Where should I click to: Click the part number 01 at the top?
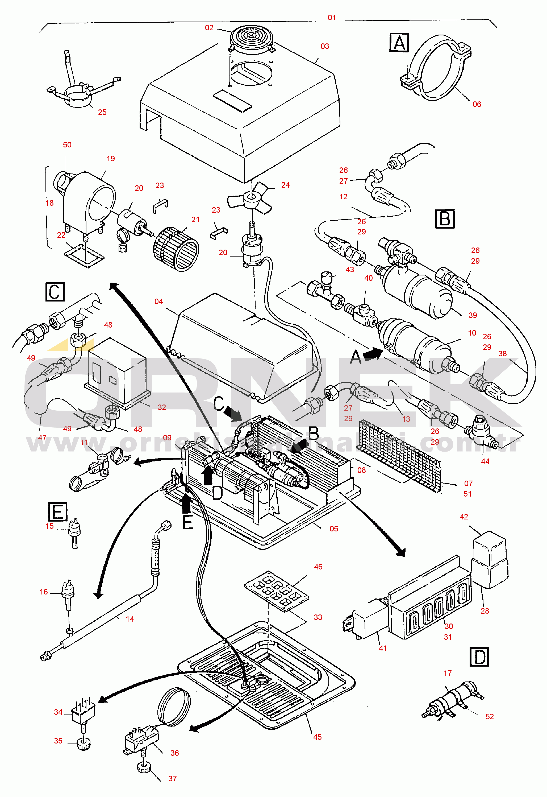(332, 18)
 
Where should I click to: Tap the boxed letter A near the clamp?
(399, 43)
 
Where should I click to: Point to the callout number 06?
(477, 104)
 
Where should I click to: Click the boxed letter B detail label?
(445, 219)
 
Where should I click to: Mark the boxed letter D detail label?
(479, 657)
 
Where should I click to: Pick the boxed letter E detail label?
(58, 512)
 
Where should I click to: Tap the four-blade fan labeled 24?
(250, 199)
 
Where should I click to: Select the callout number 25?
(102, 113)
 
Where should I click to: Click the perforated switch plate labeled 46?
(276, 590)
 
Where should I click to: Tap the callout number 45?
(317, 737)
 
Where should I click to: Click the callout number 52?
(489, 716)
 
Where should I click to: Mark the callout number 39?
(473, 315)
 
